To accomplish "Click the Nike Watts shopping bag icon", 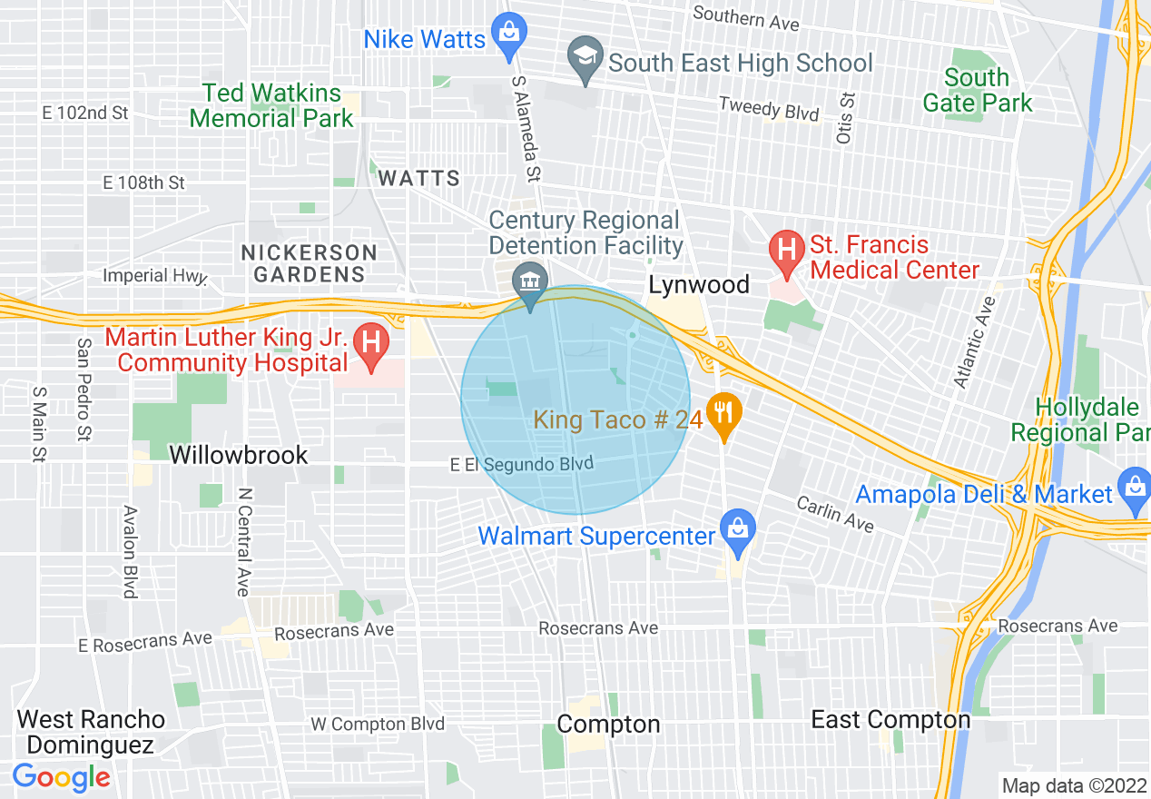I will pyautogui.click(x=508, y=34).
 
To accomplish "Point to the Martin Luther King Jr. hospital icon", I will pyautogui.click(x=370, y=347).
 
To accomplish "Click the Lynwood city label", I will pyautogui.click(x=698, y=285).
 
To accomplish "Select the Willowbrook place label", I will pyautogui.click(x=239, y=455).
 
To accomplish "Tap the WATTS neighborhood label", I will pyautogui.click(x=418, y=178).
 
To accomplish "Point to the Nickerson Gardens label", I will pyautogui.click(x=309, y=262).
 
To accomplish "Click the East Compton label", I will pyautogui.click(x=890, y=720).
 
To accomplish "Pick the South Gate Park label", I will pyautogui.click(x=977, y=90).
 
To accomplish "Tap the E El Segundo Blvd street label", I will pyautogui.click(x=521, y=464).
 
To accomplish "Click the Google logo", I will pyautogui.click(x=61, y=776).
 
